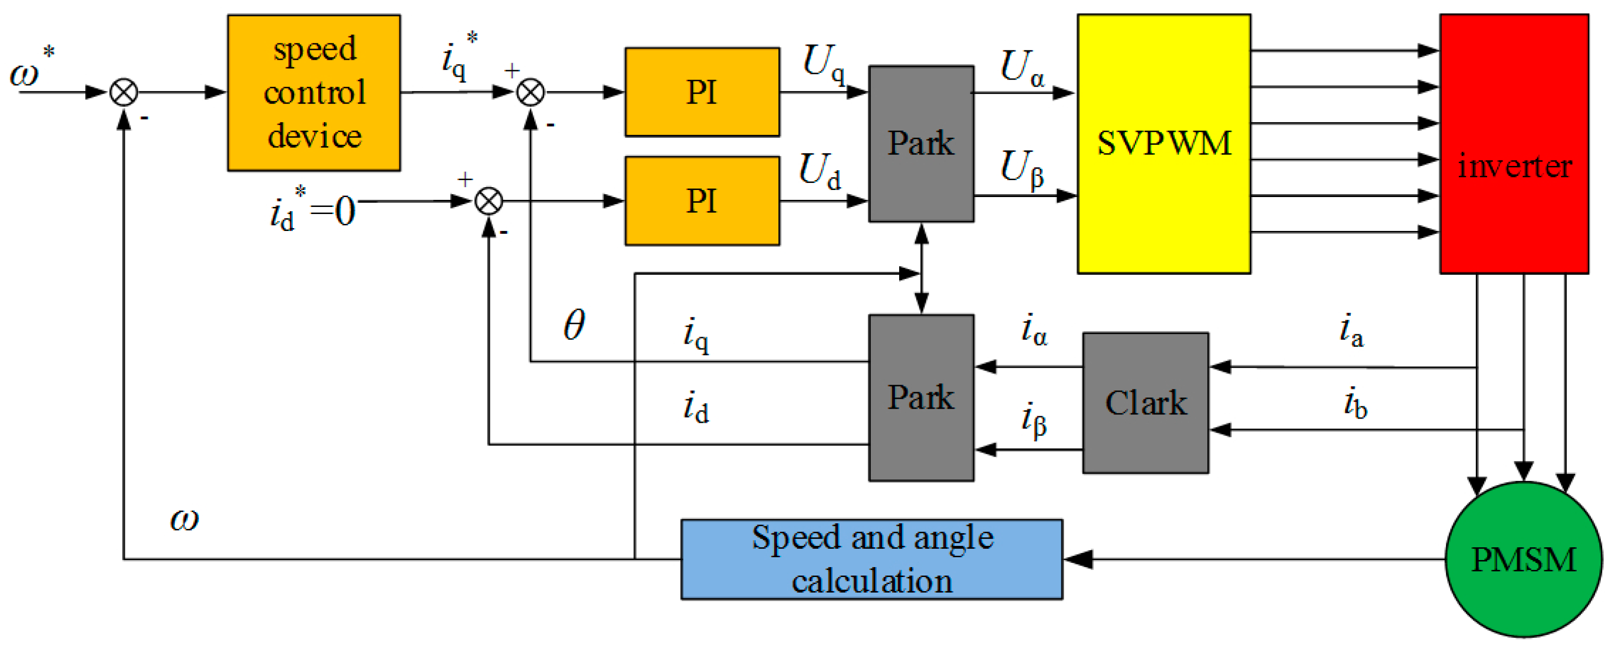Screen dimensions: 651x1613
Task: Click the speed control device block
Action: (314, 93)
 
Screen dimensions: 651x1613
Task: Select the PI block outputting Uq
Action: (702, 92)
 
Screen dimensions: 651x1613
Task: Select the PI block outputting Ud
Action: (702, 201)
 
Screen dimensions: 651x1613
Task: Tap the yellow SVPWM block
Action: (1163, 144)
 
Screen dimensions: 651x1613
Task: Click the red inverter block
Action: (1514, 144)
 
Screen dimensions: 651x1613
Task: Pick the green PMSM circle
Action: (1523, 559)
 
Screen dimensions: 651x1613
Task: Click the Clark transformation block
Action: (1145, 403)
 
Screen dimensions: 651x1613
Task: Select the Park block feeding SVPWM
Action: (920, 144)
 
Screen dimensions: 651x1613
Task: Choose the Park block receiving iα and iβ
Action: (920, 397)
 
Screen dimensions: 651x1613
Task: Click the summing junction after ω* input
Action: (124, 93)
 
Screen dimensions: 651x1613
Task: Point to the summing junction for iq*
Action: (530, 93)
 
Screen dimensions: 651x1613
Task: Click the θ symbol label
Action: (573, 325)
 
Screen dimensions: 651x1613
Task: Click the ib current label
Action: (1355, 404)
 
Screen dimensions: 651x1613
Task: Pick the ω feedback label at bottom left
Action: (184, 519)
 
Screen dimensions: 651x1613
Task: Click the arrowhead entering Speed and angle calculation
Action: (1078, 559)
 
